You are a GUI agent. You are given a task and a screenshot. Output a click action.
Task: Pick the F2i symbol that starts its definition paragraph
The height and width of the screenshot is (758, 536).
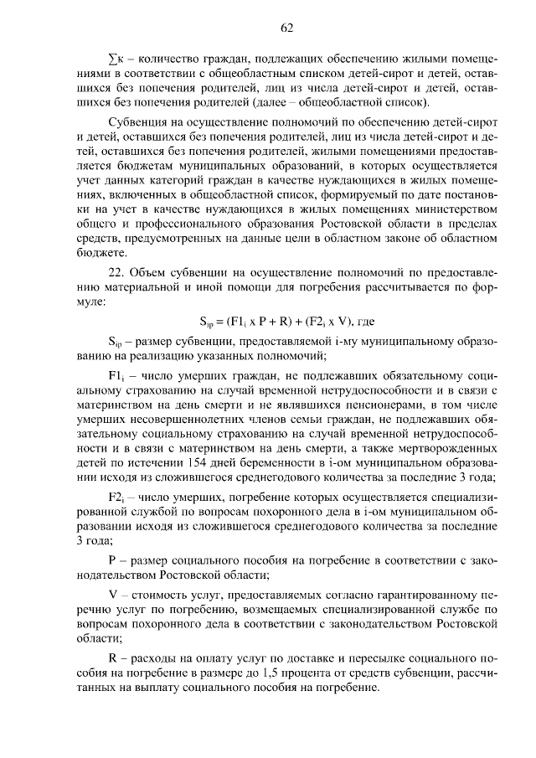click(117, 497)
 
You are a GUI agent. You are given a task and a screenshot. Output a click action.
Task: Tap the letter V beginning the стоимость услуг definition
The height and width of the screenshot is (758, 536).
click(113, 593)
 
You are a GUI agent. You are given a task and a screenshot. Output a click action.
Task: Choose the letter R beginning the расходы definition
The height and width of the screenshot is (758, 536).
click(113, 658)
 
